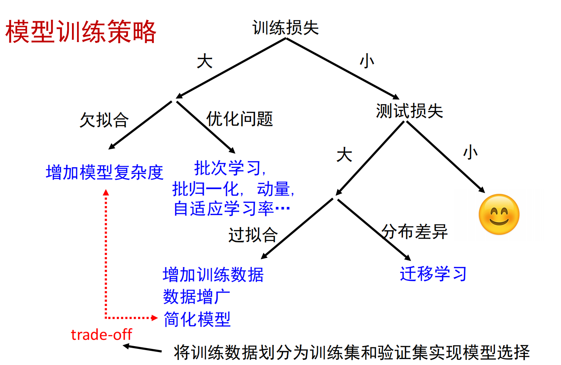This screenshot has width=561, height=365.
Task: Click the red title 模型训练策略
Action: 81,31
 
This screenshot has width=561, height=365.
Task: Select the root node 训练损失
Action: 285,28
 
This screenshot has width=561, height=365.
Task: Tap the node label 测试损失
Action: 409,111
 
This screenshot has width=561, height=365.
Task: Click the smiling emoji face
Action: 499,214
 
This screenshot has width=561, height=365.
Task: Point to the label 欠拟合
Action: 104,120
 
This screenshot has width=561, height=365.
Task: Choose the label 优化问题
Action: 240,119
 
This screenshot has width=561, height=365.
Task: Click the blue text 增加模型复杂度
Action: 104,173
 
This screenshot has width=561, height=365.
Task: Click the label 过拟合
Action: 253,235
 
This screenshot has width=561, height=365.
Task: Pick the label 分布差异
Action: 415,232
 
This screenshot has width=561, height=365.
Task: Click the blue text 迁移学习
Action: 433,274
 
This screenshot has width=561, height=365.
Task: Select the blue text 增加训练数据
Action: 213,275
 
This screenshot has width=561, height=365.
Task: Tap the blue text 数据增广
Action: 196,297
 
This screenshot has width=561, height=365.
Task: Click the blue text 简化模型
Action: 197,319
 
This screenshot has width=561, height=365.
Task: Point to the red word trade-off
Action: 101,335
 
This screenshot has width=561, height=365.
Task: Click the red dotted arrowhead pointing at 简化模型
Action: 155,317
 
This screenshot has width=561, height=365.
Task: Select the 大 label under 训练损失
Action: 205,62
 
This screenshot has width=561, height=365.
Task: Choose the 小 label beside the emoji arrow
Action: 471,152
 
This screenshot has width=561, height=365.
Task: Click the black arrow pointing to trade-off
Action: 142,348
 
